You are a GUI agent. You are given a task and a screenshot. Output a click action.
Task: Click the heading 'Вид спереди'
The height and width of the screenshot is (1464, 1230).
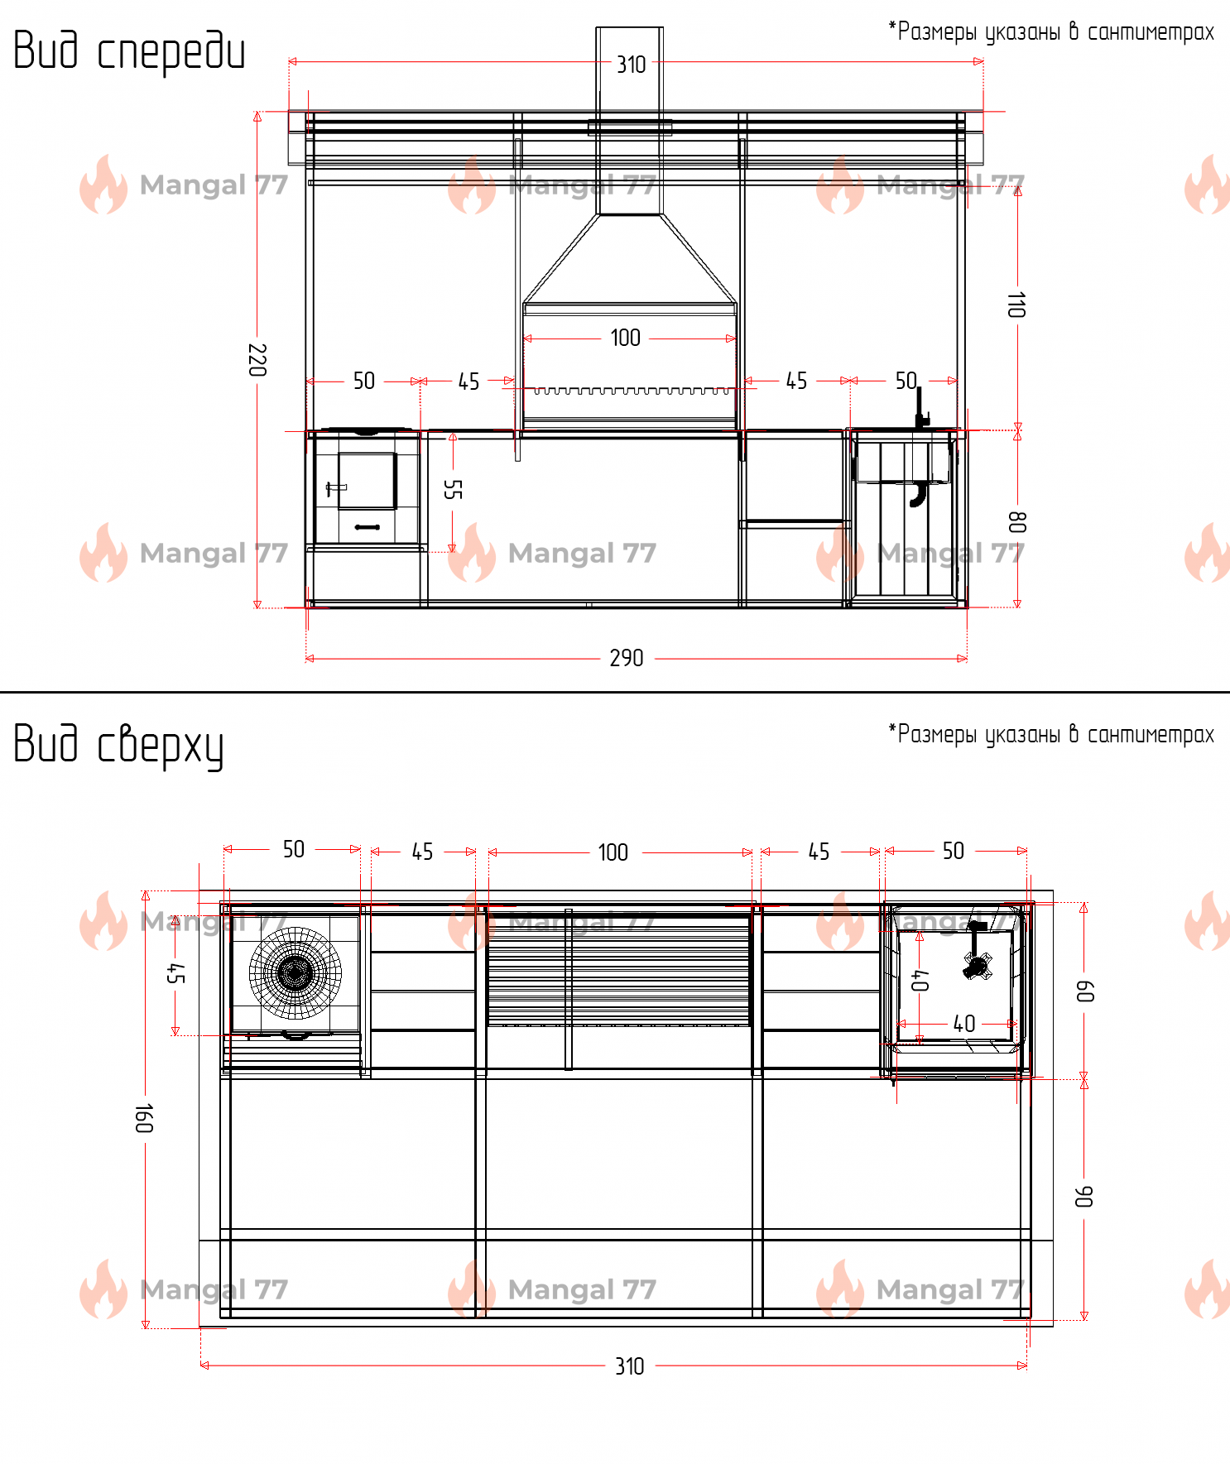129,51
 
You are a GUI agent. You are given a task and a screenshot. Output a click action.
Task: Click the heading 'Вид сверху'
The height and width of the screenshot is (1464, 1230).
118,745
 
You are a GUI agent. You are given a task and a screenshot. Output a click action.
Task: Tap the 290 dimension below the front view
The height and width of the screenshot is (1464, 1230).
627,658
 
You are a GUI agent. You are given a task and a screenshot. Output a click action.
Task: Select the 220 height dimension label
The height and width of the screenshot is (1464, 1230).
257,360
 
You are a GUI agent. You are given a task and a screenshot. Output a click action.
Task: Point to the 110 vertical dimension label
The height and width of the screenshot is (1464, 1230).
1016,305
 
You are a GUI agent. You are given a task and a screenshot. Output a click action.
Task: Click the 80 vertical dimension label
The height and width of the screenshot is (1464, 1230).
1017,521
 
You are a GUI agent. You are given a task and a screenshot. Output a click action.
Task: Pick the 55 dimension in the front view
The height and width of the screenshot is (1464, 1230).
453,489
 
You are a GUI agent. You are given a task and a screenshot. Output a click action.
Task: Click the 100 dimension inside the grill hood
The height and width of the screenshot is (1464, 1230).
626,338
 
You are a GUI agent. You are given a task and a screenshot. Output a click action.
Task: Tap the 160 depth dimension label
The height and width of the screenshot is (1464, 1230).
145,1118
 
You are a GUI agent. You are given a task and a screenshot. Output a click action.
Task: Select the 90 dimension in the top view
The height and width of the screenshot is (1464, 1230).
1083,1196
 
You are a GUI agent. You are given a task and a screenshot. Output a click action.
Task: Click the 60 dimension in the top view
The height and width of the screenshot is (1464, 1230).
1084,991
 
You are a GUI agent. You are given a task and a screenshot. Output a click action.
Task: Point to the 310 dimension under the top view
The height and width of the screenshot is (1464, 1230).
630,1366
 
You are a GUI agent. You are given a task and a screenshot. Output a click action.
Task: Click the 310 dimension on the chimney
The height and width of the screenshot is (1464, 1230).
632,65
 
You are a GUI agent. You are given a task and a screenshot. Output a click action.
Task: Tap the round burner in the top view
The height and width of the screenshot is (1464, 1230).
295,972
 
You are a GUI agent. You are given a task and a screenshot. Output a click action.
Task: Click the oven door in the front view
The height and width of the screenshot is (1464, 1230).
367,480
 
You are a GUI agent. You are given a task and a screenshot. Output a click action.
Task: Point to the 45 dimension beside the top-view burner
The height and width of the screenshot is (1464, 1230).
175,973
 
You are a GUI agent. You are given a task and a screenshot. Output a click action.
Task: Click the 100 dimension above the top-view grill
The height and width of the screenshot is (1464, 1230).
613,852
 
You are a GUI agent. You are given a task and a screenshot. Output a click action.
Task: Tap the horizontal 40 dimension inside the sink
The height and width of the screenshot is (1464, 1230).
964,1024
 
